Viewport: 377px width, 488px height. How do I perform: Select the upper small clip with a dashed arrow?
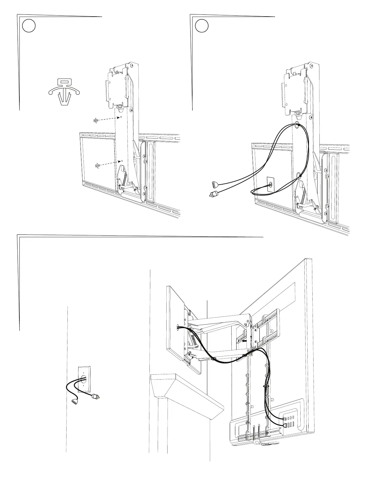pyautogui.click(x=95, y=120)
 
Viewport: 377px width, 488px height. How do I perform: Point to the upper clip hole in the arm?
pyautogui.click(x=121, y=117)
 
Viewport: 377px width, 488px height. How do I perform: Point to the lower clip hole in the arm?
pyautogui.click(x=122, y=161)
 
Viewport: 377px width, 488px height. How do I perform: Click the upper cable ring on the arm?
pyautogui.click(x=297, y=125)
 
